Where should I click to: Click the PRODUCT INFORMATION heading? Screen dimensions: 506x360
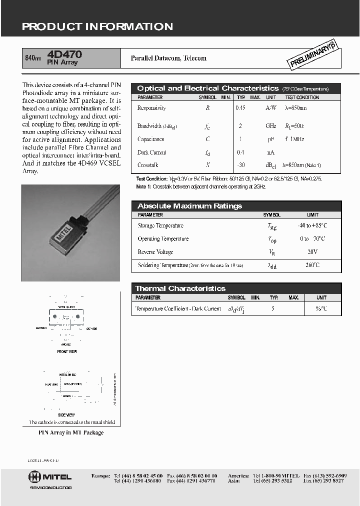pos(97,26)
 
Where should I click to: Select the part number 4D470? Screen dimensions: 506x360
pos(64,54)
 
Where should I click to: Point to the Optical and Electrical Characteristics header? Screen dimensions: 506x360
pos(207,88)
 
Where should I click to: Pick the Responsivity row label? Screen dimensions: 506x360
pos(151,108)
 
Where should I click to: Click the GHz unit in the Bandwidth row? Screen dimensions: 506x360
pos(270,126)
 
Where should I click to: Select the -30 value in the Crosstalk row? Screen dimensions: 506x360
pos(241,165)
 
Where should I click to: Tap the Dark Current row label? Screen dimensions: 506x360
pos(152,152)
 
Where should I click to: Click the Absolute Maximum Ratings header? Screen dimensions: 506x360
pos(189,206)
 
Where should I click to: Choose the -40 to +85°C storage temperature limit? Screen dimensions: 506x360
pos(312,225)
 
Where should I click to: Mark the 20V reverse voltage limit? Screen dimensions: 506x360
pos(312,252)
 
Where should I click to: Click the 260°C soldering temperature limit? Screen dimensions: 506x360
pos(312,265)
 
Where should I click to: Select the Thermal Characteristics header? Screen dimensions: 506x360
pos(180,288)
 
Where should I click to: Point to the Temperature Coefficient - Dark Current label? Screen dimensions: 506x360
pos(178,309)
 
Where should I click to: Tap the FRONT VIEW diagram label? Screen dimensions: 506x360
pos(67,351)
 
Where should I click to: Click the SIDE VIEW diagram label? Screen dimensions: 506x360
pos(67,415)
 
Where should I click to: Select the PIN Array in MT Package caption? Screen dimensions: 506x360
pos(71,432)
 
